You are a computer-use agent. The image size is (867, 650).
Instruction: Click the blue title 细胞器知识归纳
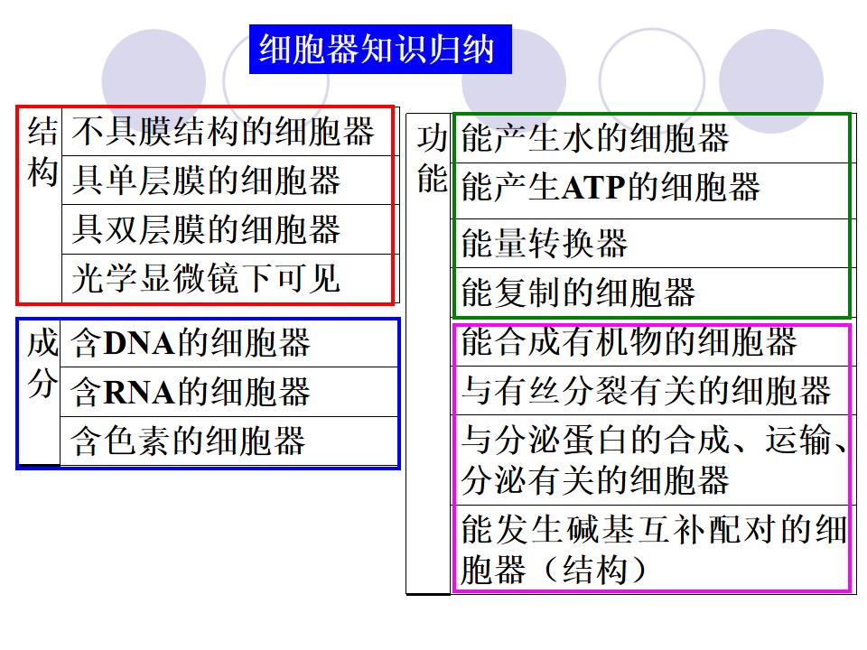click(x=377, y=49)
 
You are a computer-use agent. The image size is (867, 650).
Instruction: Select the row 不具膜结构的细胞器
click(x=223, y=132)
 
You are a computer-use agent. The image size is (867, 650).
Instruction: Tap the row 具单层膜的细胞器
click(x=206, y=181)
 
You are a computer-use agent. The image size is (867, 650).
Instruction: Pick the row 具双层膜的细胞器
click(x=206, y=228)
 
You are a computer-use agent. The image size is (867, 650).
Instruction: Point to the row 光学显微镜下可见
click(x=205, y=278)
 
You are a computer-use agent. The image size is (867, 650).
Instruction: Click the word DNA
click(x=139, y=343)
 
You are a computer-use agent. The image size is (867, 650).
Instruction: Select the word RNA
click(x=139, y=393)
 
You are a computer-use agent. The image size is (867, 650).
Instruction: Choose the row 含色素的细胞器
click(x=188, y=441)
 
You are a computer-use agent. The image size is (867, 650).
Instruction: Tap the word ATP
click(x=594, y=188)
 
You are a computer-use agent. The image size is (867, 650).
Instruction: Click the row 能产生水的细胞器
click(x=595, y=137)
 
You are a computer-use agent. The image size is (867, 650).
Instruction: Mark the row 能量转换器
click(x=545, y=243)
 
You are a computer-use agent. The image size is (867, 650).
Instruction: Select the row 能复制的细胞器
click(x=578, y=292)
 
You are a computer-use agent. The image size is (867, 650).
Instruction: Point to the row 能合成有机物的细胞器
click(x=629, y=340)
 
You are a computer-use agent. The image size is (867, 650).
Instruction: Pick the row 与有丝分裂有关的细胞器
click(x=646, y=390)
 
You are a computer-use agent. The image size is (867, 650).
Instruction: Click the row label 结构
click(x=42, y=152)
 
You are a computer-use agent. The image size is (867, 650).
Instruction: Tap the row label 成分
click(x=42, y=363)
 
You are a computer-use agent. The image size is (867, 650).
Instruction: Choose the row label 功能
click(x=432, y=159)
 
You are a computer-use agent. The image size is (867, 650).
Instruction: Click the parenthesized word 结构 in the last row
click(x=595, y=570)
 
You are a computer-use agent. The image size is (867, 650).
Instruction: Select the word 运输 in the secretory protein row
click(x=797, y=440)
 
